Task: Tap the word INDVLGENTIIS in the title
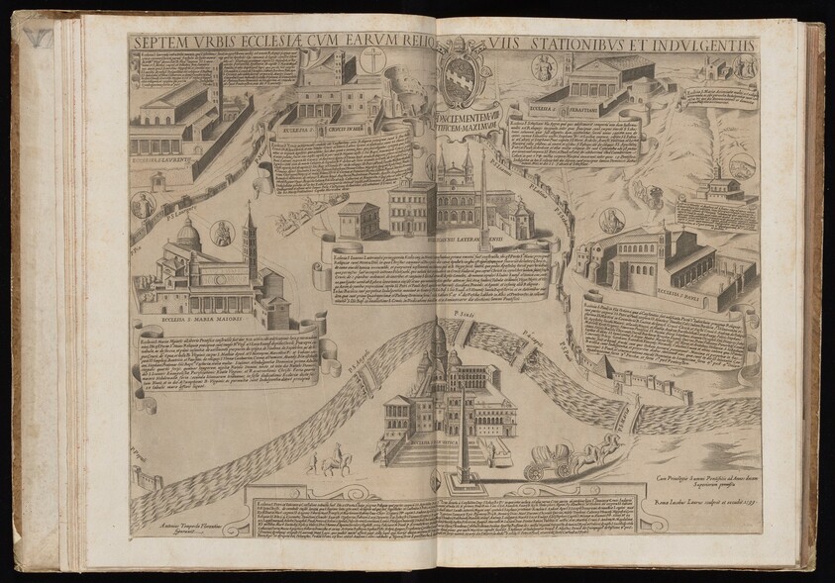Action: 705,45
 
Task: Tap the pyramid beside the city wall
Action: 602,368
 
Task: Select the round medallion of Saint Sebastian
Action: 544,67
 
